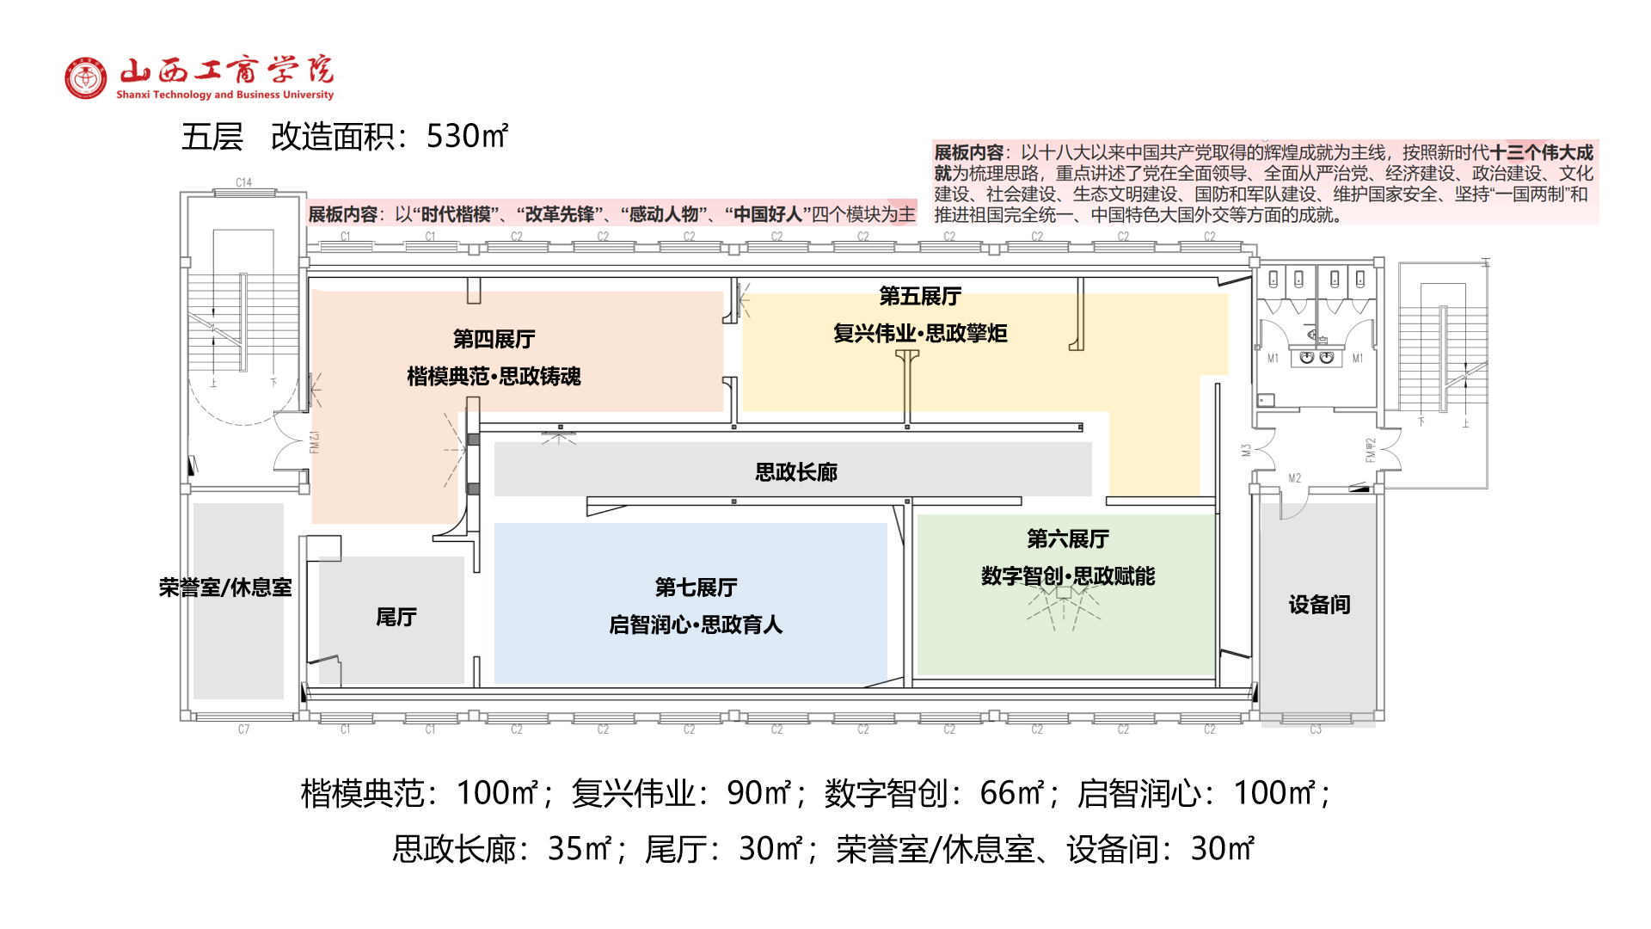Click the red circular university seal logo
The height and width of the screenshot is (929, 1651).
coord(86,78)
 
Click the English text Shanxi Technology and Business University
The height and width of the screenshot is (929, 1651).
coord(225,95)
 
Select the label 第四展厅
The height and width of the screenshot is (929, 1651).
coord(494,339)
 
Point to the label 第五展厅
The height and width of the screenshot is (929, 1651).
coord(920,297)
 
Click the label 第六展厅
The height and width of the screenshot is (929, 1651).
coord(1068,539)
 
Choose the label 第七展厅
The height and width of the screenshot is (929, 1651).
coord(696,588)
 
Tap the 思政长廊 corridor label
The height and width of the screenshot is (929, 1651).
coord(795,472)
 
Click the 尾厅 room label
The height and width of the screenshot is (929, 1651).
coord(396,617)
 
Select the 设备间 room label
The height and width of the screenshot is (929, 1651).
coord(1319,605)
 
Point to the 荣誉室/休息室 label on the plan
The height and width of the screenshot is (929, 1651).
coord(225,588)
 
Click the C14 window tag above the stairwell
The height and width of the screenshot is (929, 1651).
coord(244,182)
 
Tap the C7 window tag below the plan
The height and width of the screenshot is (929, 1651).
coord(244,729)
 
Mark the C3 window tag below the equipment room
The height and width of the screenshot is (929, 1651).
coord(1316,729)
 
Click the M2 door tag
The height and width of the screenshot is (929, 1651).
coord(1295,478)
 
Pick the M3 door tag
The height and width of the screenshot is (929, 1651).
coord(1246,450)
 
